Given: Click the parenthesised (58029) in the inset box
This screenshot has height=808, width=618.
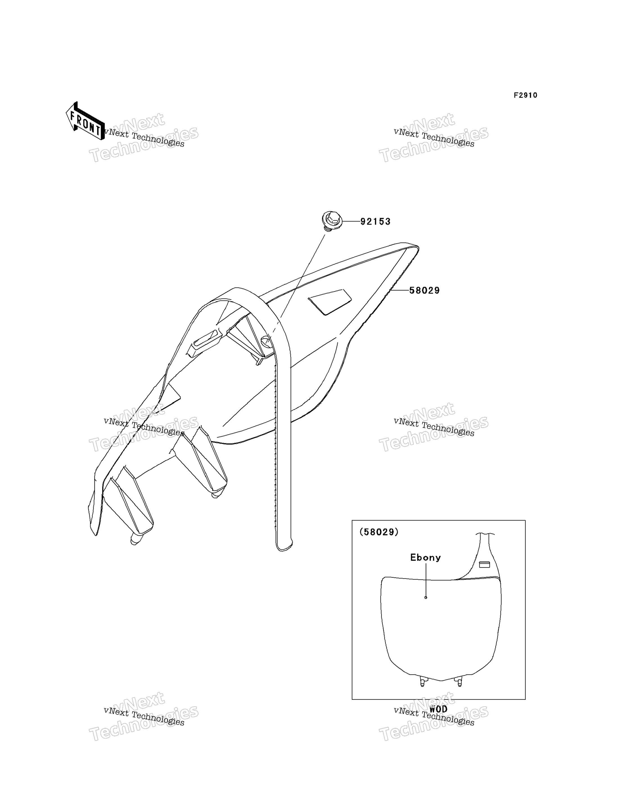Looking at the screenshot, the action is [379, 532].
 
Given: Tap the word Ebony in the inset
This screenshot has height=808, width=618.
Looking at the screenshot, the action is [426, 557].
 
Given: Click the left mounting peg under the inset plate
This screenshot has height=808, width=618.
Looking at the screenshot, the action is [422, 682].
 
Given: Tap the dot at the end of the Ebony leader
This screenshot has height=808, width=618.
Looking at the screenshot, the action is [426, 597].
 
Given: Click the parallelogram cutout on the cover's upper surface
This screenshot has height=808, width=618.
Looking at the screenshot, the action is [330, 302].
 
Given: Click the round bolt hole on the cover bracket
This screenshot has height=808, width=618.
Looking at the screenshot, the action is [266, 343].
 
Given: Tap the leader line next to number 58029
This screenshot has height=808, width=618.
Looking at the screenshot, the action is [400, 290].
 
